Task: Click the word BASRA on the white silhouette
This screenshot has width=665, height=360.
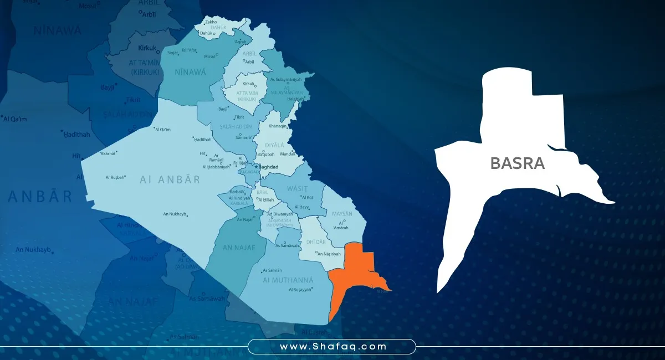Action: [x=517, y=163]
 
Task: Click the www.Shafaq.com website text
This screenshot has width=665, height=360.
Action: [x=332, y=347]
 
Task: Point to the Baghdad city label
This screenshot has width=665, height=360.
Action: [x=269, y=166]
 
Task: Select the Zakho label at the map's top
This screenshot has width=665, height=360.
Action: [x=211, y=23]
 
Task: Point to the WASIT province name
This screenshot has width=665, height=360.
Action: [x=297, y=189]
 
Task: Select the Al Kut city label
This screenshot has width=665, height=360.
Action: [x=308, y=197]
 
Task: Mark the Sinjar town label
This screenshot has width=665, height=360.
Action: [x=172, y=53]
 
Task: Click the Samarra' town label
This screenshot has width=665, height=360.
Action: [x=243, y=137]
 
